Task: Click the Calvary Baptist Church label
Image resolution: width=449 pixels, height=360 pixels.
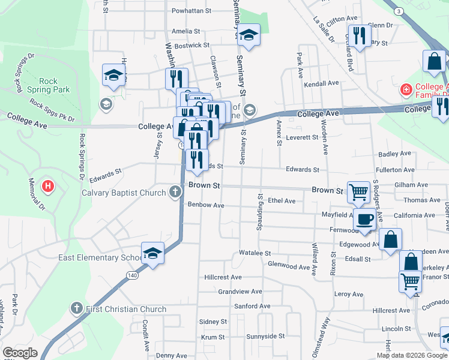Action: [124, 193]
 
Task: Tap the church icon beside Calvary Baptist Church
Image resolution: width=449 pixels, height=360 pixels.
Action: [175, 193]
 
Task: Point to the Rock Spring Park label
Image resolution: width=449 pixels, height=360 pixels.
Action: [48, 85]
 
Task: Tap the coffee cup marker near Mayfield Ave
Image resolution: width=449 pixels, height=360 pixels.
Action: [364, 220]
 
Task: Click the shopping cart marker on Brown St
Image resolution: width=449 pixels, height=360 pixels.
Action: [358, 192]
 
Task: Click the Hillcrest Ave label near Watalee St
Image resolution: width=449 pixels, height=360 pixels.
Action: [223, 277]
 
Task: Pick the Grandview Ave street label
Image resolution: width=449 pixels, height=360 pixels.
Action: [240, 292]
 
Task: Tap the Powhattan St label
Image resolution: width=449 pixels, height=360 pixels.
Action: [192, 11]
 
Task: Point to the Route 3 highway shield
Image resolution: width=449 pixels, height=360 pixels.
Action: [399, 11]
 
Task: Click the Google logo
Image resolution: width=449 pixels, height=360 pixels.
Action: [20, 353]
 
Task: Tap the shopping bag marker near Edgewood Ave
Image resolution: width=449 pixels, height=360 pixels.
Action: [390, 239]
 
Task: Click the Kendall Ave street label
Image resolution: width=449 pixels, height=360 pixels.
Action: [322, 83]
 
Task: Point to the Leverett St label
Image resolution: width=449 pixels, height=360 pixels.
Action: [302, 137]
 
